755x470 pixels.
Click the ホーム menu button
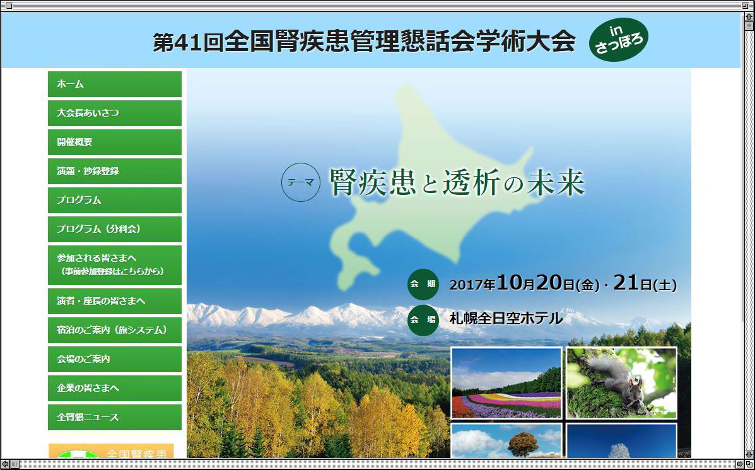coord(115,85)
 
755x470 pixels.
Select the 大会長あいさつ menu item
coord(115,113)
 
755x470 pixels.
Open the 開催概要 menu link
coord(115,142)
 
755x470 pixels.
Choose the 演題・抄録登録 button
coord(115,171)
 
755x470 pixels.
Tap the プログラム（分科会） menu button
coord(115,229)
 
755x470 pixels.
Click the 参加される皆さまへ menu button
coord(115,265)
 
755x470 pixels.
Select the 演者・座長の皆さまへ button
coord(115,301)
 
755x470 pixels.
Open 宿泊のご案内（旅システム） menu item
coord(115,330)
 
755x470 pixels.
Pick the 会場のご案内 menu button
coord(115,359)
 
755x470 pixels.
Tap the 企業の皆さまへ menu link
coord(115,388)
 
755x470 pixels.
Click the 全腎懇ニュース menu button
coord(115,417)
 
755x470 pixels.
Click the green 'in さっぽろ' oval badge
coord(619,40)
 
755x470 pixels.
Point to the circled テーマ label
coord(300,182)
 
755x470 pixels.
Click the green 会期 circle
coord(423,284)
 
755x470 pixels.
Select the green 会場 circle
coord(423,320)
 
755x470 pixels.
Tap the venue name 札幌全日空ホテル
coord(506,319)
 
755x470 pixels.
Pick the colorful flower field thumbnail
coord(506,383)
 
